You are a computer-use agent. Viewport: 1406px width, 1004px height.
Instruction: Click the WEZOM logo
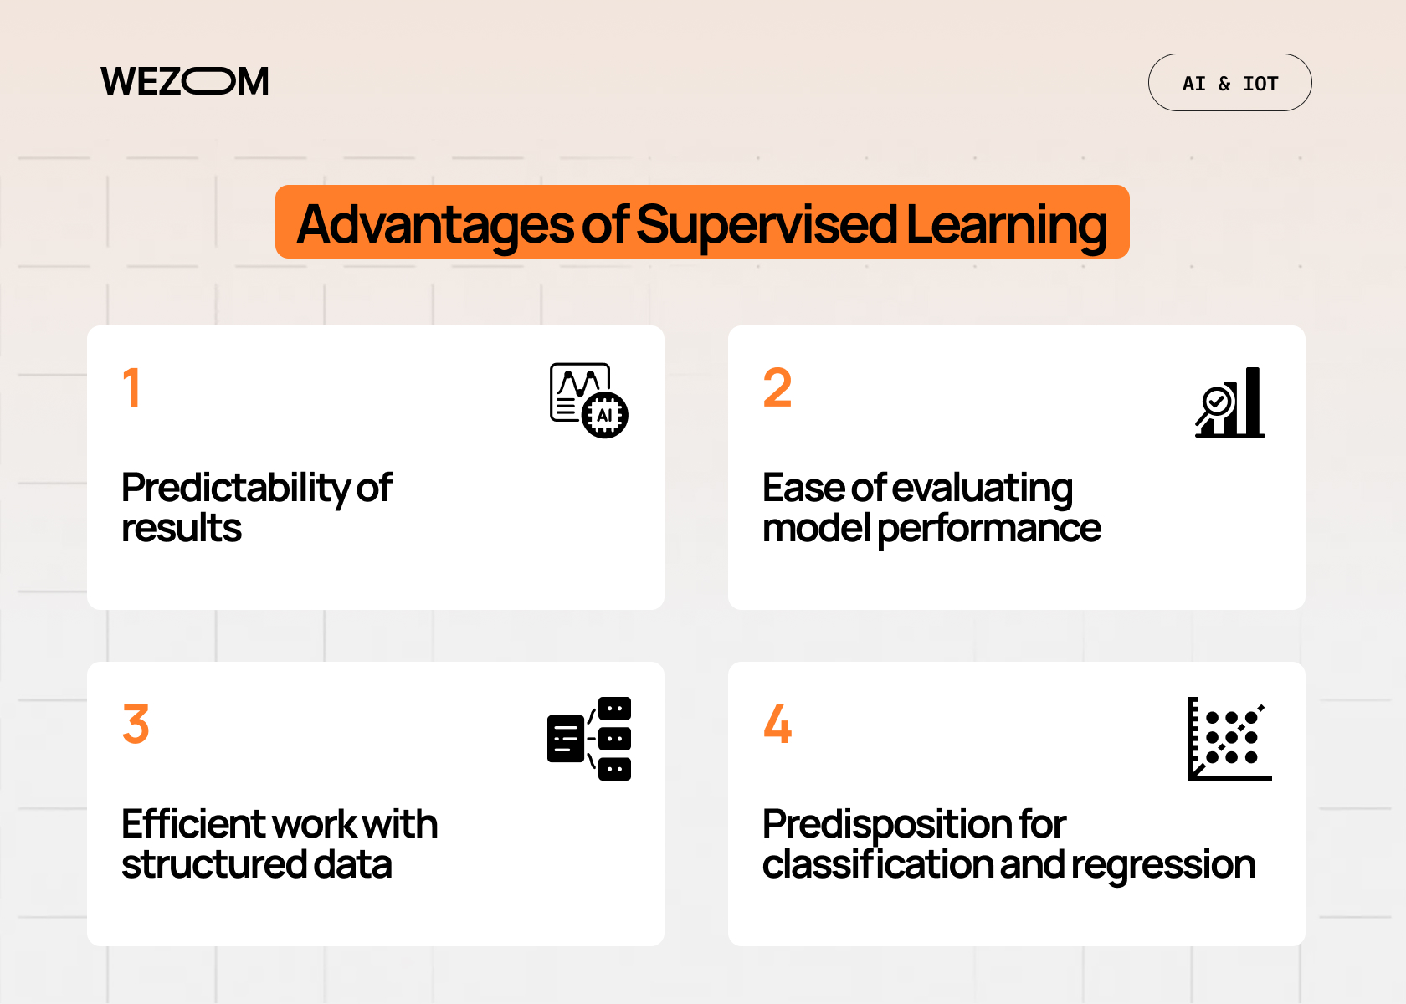[x=185, y=82]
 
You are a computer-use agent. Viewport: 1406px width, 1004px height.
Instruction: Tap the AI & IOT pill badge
[x=1229, y=83]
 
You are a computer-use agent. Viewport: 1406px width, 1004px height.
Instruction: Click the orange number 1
[x=131, y=388]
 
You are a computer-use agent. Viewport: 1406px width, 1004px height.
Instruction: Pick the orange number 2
[x=777, y=388]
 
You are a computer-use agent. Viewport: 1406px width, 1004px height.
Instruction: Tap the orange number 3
[x=136, y=725]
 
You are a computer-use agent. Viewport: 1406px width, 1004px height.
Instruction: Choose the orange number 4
[x=777, y=725]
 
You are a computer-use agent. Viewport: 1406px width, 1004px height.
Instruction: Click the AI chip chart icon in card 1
[x=588, y=401]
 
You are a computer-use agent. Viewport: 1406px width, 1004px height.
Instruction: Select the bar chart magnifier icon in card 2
[x=1229, y=402]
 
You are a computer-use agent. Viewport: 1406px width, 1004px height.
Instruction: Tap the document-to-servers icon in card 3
[x=588, y=739]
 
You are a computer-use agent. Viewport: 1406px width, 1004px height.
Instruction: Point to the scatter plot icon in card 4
[x=1229, y=739]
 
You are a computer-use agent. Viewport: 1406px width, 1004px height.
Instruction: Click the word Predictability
[x=235, y=489]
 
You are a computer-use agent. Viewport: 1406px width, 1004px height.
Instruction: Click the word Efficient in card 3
[x=192, y=824]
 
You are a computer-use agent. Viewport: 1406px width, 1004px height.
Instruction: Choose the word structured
[x=213, y=864]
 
